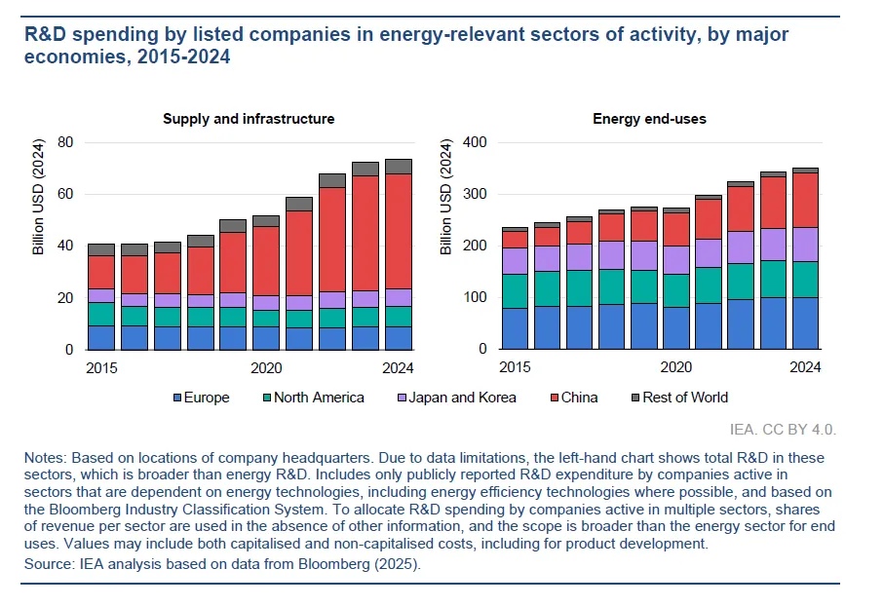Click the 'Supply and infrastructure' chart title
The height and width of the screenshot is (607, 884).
coord(249,119)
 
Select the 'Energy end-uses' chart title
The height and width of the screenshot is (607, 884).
coord(649,119)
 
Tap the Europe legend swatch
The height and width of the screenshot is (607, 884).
coord(176,398)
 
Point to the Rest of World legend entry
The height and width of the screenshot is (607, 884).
coord(682,398)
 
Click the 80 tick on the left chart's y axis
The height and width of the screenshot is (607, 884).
coord(65,142)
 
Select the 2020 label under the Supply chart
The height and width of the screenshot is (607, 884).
coord(266,368)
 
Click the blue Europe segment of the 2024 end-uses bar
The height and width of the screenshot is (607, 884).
coord(805,323)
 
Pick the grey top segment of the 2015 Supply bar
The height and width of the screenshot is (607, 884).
coord(101,249)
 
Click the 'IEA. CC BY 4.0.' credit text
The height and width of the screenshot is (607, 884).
coord(783,429)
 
